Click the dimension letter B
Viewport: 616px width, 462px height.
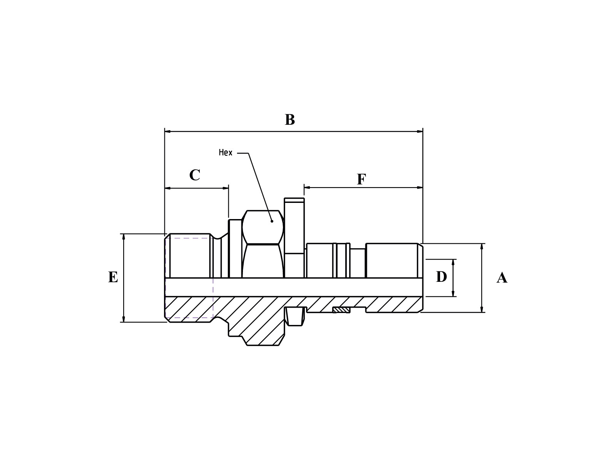[x=290, y=120]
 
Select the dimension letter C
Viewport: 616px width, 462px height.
[x=194, y=175]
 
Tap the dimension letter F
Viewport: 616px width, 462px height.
[x=361, y=179]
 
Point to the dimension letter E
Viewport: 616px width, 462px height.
[x=113, y=277]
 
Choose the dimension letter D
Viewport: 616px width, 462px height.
[x=441, y=277]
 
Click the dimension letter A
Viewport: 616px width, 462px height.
[x=502, y=278]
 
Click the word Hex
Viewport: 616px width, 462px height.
[x=226, y=152]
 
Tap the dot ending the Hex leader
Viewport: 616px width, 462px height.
[x=272, y=221]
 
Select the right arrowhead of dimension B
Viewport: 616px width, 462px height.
[x=420, y=131]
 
